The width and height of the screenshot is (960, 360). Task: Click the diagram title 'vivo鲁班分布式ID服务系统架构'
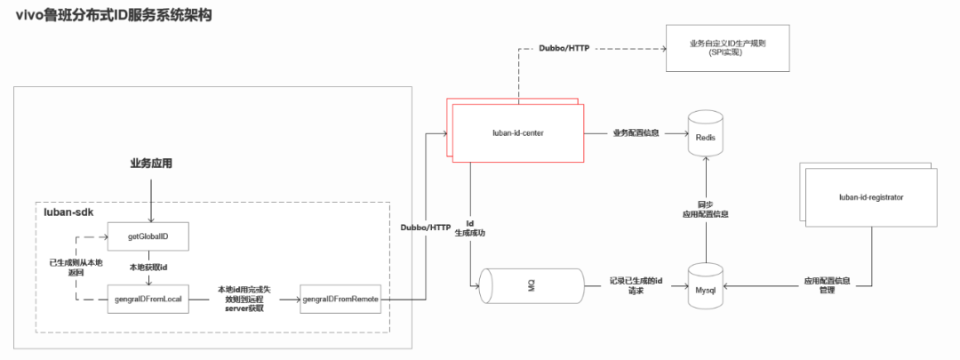point(114,15)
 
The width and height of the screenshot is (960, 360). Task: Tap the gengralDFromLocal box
point(150,299)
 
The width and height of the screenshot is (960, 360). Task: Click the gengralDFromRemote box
point(341,299)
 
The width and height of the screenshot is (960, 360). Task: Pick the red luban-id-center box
point(518,133)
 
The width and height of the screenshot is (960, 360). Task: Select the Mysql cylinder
point(706,286)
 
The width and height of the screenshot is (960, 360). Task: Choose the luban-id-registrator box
point(871,196)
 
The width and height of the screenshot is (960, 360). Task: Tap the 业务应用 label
point(151,164)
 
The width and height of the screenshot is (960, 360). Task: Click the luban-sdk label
point(70,213)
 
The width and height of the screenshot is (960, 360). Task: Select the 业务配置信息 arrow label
point(636,133)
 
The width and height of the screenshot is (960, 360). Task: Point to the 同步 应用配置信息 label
point(706,209)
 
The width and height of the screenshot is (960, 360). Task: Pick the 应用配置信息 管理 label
point(827,286)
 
